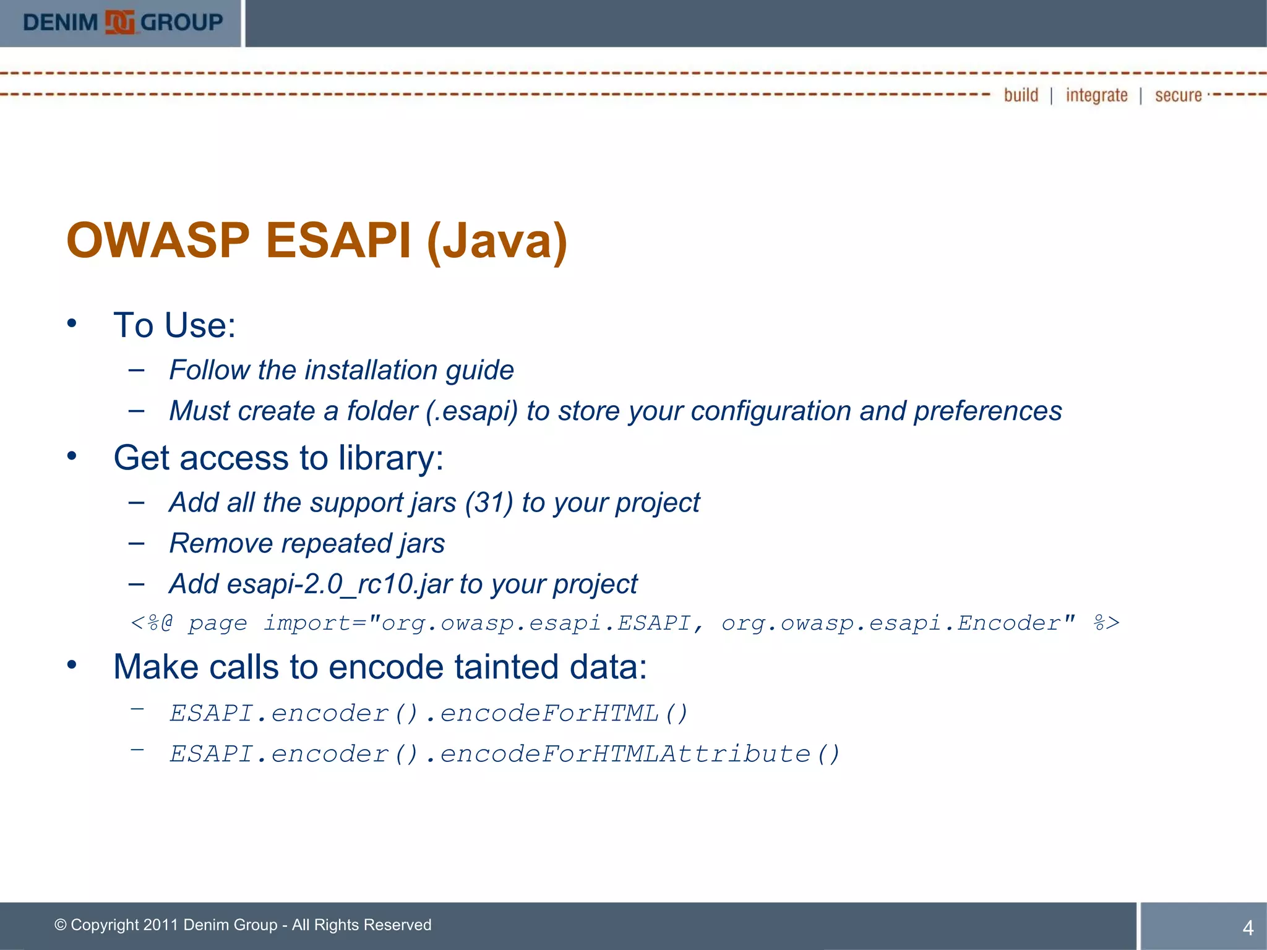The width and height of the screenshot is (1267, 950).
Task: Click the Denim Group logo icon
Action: point(119,22)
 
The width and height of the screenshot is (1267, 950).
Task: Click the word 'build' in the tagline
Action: point(1021,95)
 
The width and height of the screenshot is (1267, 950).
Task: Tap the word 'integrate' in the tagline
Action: point(1096,95)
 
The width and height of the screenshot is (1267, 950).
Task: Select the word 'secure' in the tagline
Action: point(1178,95)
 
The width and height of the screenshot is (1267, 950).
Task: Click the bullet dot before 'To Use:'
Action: point(72,323)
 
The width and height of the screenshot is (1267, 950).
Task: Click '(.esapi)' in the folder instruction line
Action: point(471,411)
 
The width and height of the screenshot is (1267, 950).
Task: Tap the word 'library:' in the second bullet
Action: point(391,458)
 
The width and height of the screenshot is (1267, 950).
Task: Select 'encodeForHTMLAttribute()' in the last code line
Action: point(640,754)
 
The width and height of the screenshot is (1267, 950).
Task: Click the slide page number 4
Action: point(1248,928)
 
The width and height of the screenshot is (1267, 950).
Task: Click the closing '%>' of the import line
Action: point(1106,623)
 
